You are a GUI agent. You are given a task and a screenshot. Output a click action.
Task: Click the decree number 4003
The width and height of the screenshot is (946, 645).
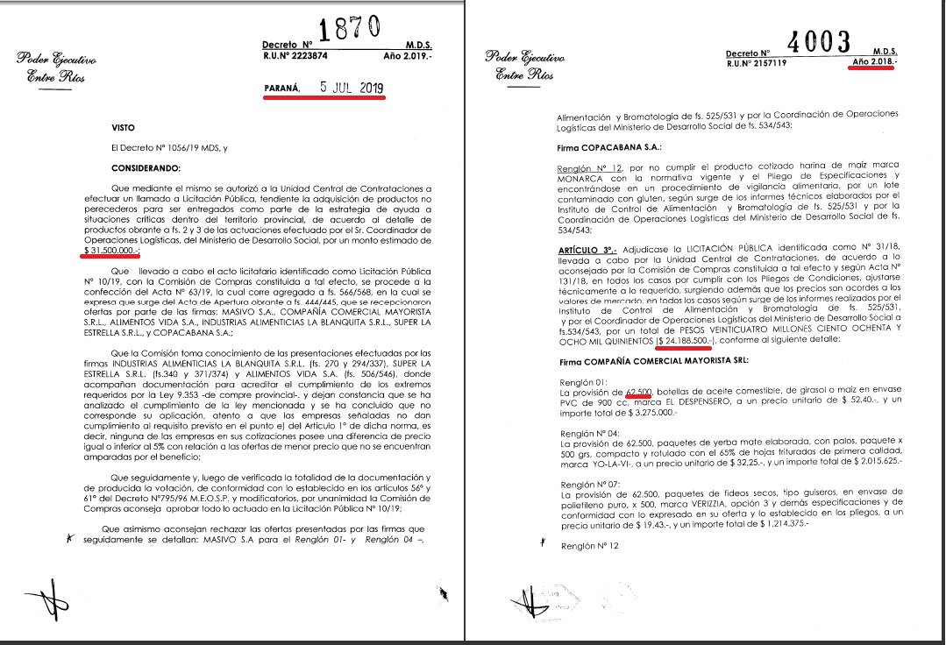820,41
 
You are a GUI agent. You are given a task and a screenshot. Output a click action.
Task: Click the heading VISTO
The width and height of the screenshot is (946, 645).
124,127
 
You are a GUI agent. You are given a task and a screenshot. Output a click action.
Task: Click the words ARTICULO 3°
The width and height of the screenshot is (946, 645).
588,250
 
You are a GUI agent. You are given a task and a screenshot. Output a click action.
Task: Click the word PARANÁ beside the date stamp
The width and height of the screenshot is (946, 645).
281,89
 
